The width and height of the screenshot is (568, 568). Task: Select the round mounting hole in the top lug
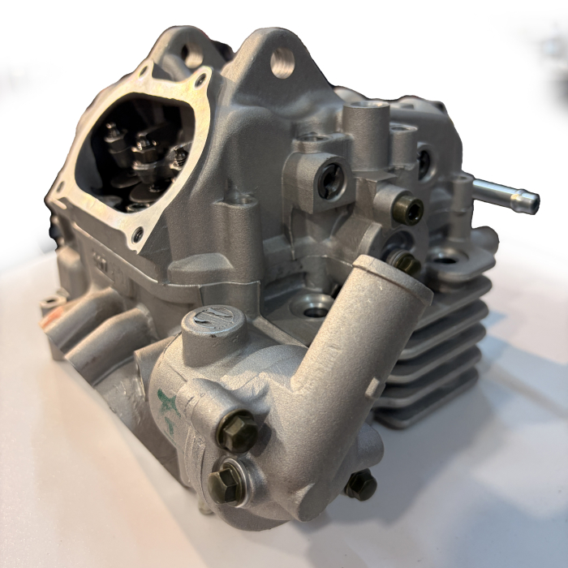(x=282, y=62)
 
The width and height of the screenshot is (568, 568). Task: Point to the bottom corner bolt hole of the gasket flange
(x=138, y=235)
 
